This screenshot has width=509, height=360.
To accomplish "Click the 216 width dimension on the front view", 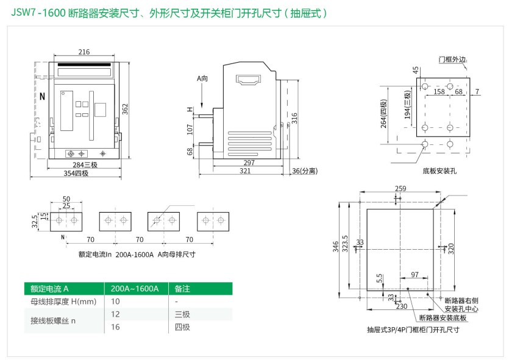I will point(84,52).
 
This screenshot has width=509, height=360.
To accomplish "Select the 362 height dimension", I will point(125,109).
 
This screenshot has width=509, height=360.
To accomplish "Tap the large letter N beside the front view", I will point(42,97).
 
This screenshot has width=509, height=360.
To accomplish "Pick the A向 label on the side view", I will point(202,79).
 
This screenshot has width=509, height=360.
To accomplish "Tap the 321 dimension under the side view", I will point(245,171).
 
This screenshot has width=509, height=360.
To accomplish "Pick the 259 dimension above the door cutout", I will point(400,188).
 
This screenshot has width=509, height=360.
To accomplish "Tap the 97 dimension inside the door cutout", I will point(415,275).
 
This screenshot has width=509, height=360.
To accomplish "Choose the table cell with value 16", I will point(115,327).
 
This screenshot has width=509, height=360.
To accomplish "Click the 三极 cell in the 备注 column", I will point(182,314).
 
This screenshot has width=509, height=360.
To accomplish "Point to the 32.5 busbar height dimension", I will point(35,219).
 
